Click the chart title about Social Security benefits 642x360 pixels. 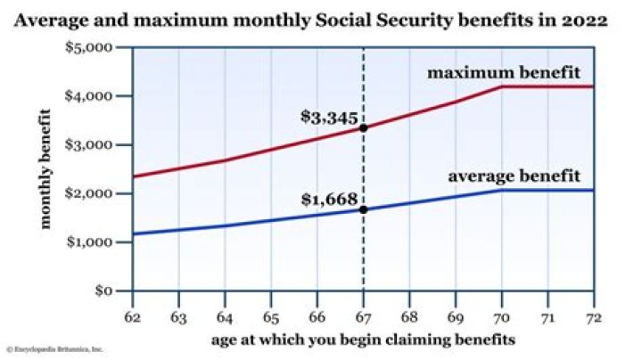[322, 19]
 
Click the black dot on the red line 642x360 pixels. [363, 127]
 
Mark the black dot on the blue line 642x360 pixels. [363, 209]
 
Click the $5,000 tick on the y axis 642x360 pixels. [105, 46]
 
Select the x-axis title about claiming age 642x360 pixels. [363, 340]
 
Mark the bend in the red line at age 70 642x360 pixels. [500, 86]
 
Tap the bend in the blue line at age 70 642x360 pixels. [500, 190]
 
